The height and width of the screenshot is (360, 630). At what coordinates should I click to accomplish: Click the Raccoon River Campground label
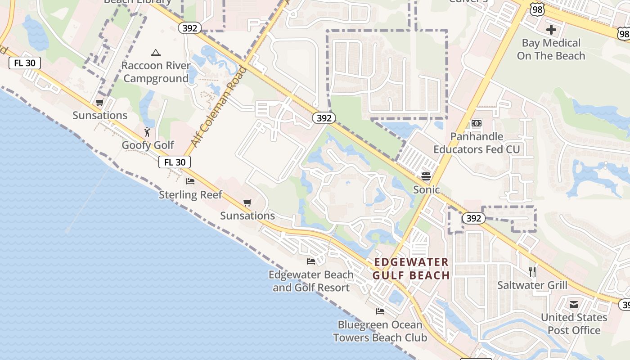[156, 72]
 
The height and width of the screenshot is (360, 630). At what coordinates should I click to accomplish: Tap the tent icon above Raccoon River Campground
[156, 53]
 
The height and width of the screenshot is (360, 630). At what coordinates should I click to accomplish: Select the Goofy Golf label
[148, 145]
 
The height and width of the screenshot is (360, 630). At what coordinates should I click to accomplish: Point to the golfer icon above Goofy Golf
[147, 132]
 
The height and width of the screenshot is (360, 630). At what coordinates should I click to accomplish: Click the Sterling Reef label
[190, 195]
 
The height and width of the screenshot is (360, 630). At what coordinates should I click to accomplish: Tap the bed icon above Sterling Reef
[190, 181]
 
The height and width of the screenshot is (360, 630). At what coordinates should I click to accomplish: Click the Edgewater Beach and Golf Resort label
[311, 281]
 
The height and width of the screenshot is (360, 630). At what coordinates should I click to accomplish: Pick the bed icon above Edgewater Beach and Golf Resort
[311, 261]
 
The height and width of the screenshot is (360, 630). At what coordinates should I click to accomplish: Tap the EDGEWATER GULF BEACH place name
[412, 269]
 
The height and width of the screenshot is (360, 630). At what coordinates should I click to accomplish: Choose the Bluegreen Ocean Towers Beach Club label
[380, 331]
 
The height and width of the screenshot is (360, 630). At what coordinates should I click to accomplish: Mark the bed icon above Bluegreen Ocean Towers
[380, 311]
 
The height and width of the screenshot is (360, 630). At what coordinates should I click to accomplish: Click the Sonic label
[426, 189]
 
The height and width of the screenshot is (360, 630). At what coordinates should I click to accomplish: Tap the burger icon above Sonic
[426, 176]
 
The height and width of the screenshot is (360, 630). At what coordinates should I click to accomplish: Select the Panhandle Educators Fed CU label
[477, 143]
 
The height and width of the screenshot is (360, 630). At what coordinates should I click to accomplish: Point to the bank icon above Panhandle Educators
[477, 123]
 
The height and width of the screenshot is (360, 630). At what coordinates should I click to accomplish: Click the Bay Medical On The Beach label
[551, 49]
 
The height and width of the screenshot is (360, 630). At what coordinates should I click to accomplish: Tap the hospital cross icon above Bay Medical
[551, 30]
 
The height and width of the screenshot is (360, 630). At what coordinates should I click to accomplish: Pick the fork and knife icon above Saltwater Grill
[532, 271]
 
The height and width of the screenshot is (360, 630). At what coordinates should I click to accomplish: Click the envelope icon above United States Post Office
[574, 305]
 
